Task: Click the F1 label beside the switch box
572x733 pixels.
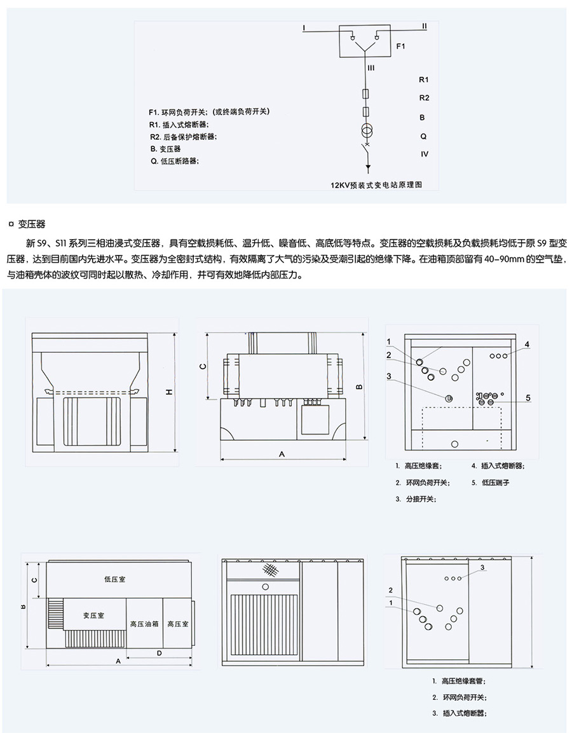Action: pos(400,46)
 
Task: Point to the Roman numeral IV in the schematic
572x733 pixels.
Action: pos(425,154)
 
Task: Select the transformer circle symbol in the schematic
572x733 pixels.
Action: pos(367,132)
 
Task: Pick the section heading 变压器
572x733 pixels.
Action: pos(32,224)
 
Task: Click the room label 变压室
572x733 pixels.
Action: pos(93,615)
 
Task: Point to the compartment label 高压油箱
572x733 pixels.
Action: pos(144,624)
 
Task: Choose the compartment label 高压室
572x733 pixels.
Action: pos(177,624)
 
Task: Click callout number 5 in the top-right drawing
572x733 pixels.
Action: pos(528,398)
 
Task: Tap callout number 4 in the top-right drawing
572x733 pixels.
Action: pos(527,344)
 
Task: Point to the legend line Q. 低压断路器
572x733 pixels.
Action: pos(175,161)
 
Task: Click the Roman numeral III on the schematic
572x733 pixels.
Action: pos(371,66)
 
